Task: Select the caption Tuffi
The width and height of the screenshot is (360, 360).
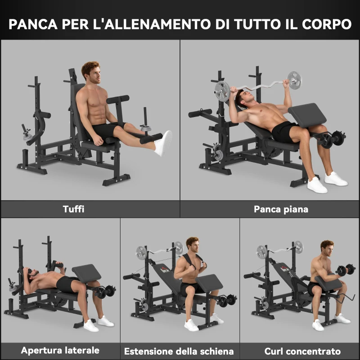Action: tap(74, 209)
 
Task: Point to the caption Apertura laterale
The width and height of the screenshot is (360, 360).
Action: tap(60, 350)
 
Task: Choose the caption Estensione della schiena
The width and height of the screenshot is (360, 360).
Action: tap(179, 351)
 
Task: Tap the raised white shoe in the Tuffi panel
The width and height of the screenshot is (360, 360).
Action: tap(163, 143)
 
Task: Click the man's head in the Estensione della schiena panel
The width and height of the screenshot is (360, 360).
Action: tap(193, 247)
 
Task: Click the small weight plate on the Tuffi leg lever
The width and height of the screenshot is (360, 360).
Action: tap(145, 129)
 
